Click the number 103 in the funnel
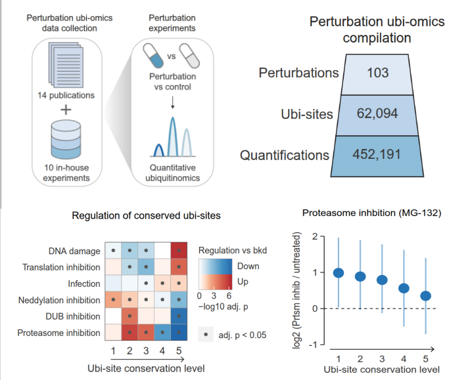[377, 72]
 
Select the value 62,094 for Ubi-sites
[377, 113]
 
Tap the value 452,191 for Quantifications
[377, 155]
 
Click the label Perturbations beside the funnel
[299, 72]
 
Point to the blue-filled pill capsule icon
[156, 58]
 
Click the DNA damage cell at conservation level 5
[177, 251]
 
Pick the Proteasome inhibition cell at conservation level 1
[114, 333]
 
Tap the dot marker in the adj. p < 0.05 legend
[208, 335]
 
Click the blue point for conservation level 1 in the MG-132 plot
[339, 273]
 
